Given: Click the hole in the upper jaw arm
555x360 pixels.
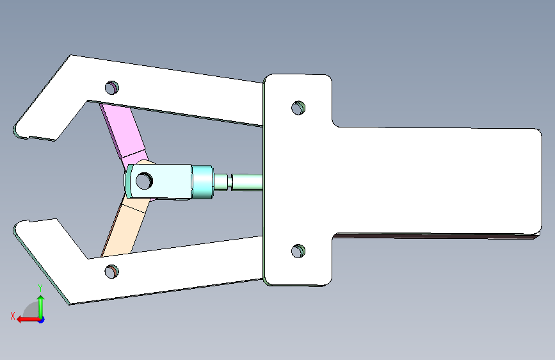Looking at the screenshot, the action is pos(112,88).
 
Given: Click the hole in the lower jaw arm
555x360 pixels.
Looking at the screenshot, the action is pos(112,272).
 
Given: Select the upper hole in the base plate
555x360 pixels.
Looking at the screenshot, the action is pos(298,108).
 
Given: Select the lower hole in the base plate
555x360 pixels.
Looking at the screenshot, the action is pos(298,251).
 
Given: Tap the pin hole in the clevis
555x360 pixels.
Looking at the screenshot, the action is pos(144,181).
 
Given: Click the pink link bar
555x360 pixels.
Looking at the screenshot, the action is pos(124,132).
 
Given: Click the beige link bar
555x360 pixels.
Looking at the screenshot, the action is pos(125,227).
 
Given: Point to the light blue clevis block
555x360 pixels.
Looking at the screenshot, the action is pos(159,181).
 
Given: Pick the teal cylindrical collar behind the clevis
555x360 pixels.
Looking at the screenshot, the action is pos(202,181).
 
